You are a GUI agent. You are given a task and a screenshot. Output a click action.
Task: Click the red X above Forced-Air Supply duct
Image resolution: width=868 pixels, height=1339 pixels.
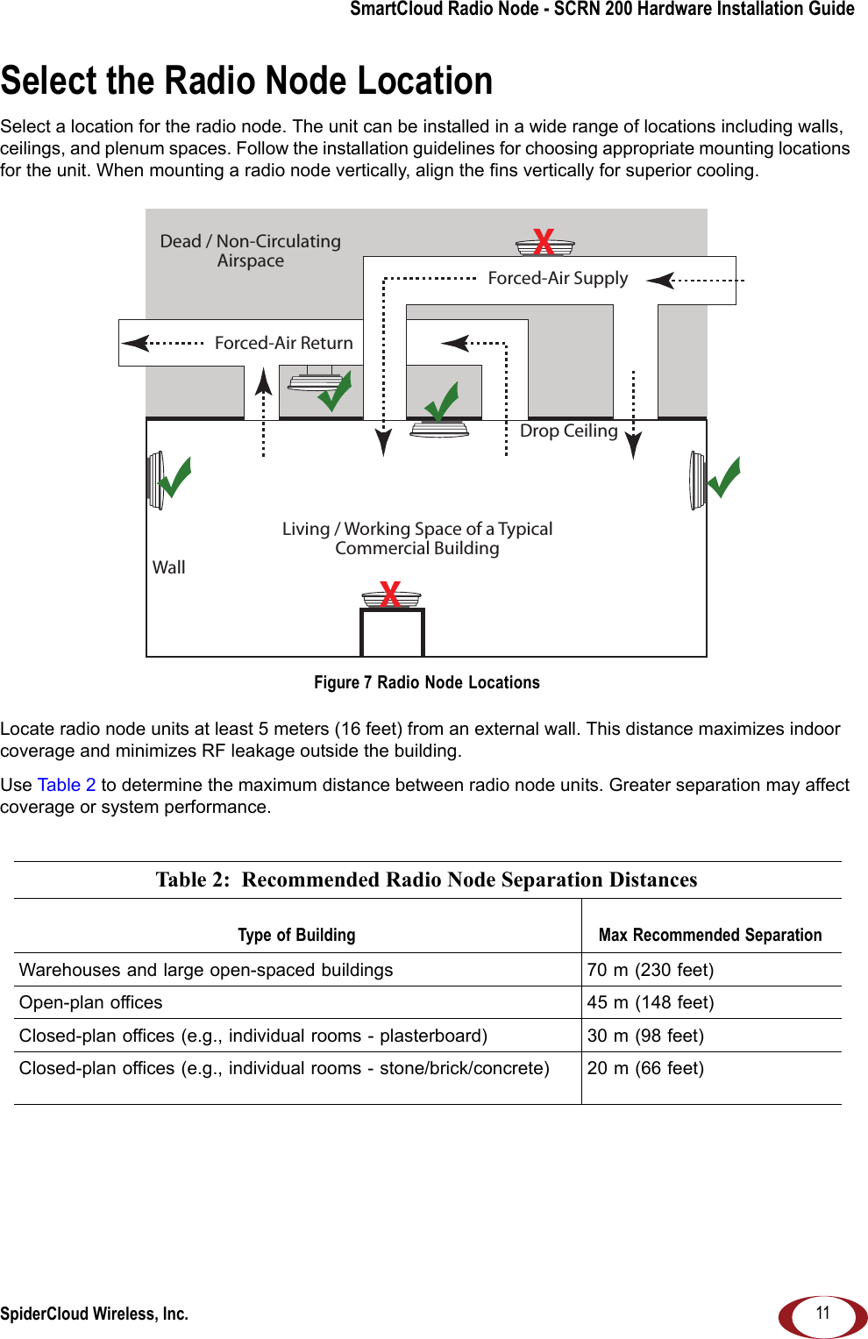pyautogui.click(x=544, y=241)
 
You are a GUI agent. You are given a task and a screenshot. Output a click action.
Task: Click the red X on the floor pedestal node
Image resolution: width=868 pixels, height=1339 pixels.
pyautogui.click(x=390, y=594)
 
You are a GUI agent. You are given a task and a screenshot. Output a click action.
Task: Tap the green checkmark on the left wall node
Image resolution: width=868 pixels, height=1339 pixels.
pyautogui.click(x=175, y=477)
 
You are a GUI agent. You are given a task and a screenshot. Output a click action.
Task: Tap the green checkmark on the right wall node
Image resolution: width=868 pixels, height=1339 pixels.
pyautogui.click(x=724, y=477)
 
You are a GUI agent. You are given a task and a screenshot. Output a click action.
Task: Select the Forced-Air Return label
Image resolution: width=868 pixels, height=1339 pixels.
pyautogui.click(x=283, y=343)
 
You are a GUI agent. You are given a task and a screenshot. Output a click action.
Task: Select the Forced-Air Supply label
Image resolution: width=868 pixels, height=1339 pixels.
pyautogui.click(x=558, y=278)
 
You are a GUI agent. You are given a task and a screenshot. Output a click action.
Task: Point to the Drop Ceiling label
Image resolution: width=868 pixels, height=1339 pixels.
pyautogui.click(x=568, y=431)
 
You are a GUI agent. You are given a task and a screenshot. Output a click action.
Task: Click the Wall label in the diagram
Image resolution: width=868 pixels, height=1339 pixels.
pyautogui.click(x=169, y=567)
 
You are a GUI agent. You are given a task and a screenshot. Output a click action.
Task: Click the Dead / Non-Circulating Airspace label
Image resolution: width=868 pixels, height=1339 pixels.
pyautogui.click(x=250, y=251)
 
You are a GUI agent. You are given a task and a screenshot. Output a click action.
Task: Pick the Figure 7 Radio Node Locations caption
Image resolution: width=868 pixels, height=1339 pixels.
pyautogui.click(x=427, y=682)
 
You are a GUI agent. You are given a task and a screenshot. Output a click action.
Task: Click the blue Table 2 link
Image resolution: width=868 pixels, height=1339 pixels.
pyautogui.click(x=67, y=785)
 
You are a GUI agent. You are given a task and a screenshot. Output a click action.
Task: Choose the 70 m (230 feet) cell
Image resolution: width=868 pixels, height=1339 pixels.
pyautogui.click(x=651, y=970)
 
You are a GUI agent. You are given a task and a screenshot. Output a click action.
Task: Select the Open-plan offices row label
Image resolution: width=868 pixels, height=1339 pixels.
pyautogui.click(x=91, y=1002)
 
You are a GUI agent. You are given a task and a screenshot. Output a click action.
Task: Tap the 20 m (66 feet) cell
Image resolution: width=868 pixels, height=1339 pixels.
pyautogui.click(x=645, y=1068)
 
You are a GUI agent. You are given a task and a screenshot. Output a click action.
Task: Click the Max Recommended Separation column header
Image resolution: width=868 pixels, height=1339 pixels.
pyautogui.click(x=710, y=935)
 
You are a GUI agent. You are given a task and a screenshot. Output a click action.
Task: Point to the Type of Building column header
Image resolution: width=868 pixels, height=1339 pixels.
pyautogui.click(x=296, y=935)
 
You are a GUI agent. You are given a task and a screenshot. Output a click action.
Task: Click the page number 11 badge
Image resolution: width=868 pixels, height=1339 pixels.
pyautogui.click(x=822, y=1314)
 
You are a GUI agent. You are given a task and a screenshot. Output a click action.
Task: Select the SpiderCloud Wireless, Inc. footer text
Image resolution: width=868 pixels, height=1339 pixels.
pyautogui.click(x=94, y=1314)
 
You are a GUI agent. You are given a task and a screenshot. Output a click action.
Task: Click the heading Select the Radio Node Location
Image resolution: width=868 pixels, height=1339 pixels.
pyautogui.click(x=246, y=81)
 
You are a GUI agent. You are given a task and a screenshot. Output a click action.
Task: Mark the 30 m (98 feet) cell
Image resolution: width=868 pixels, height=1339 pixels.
pyautogui.click(x=645, y=1036)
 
